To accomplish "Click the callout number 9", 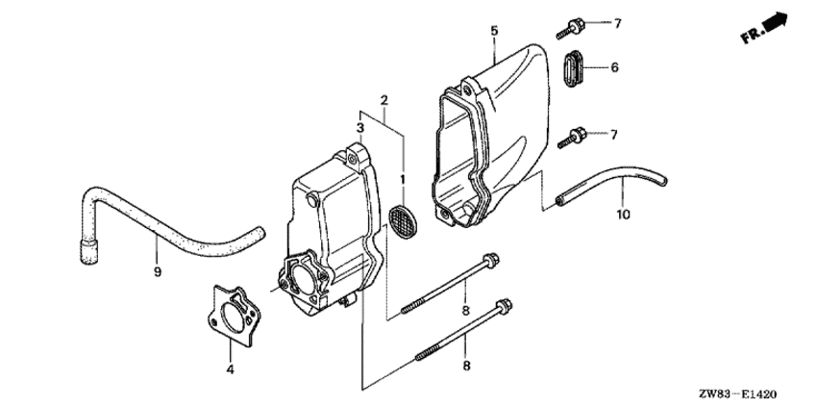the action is pyautogui.click(x=158, y=271).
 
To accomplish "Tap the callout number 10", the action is pyautogui.click(x=623, y=214).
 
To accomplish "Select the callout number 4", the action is pyautogui.click(x=230, y=370).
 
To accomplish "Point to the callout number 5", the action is pyautogui.click(x=494, y=31).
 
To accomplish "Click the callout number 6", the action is pyautogui.click(x=614, y=67).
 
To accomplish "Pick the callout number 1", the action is pyautogui.click(x=402, y=180).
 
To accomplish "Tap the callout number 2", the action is pyautogui.click(x=384, y=100).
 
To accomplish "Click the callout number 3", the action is pyautogui.click(x=360, y=127).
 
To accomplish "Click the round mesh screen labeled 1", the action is pyautogui.click(x=404, y=221).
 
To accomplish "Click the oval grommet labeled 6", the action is pyautogui.click(x=572, y=68).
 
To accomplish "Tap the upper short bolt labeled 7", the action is pyautogui.click(x=570, y=28).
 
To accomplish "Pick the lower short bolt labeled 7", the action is pyautogui.click(x=572, y=139).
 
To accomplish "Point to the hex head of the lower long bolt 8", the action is pyautogui.click(x=504, y=306).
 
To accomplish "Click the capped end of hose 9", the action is pyautogui.click(x=89, y=251).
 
